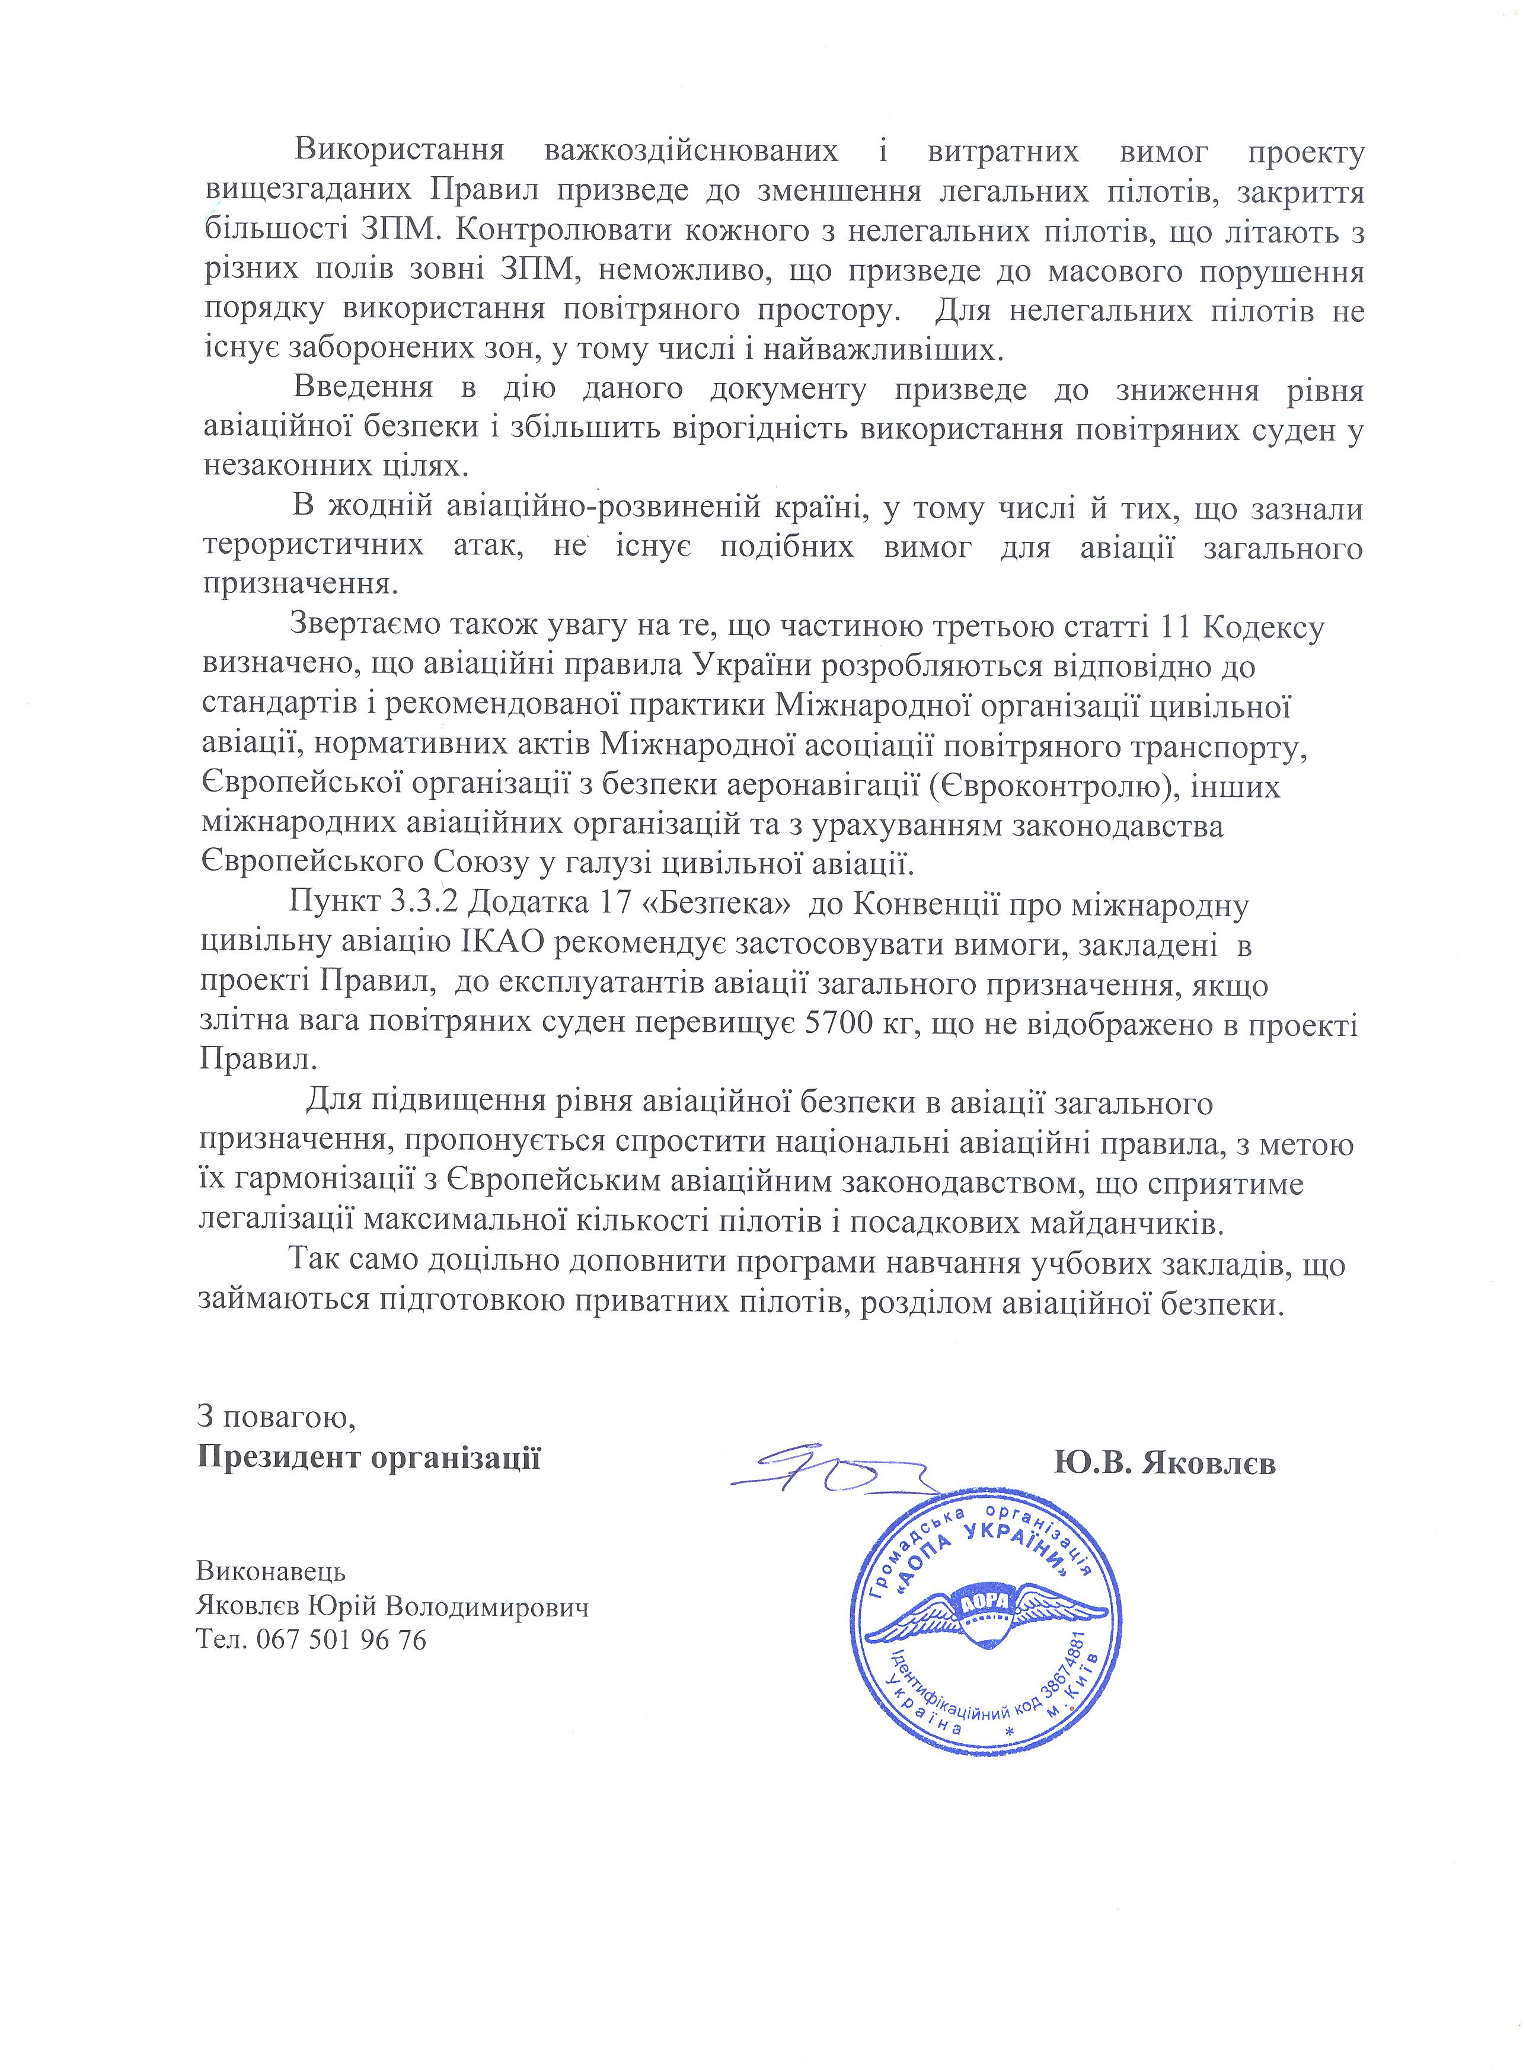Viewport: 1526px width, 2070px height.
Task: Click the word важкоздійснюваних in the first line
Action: tap(692, 154)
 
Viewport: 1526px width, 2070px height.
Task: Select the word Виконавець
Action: tap(271, 1570)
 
